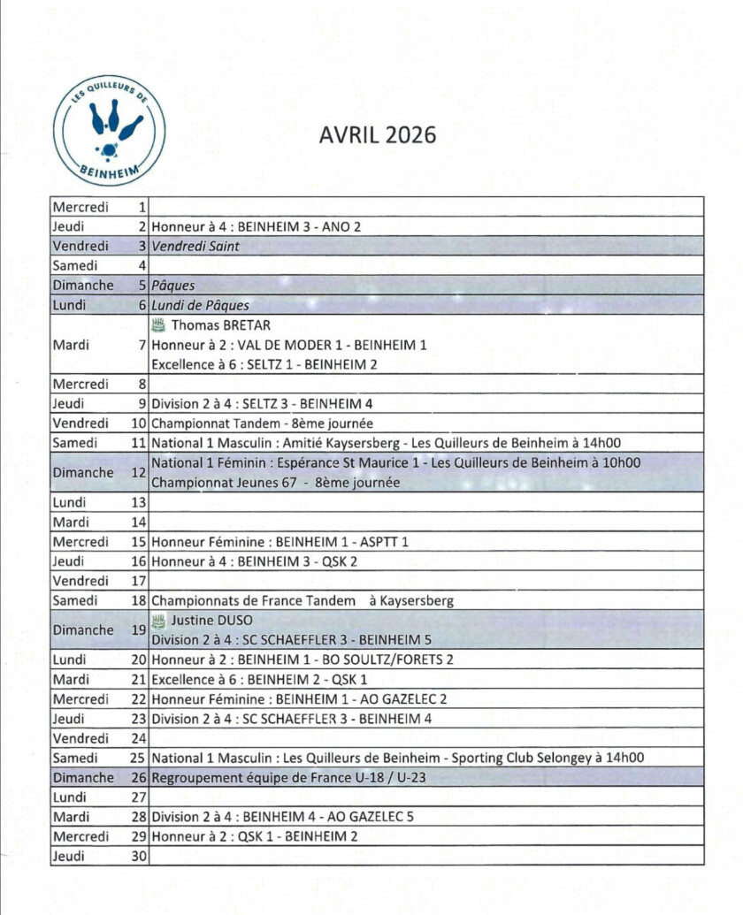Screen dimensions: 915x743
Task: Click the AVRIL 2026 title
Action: tap(378, 134)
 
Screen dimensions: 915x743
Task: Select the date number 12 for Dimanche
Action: tap(138, 472)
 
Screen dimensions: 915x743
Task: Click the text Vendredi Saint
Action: tap(195, 246)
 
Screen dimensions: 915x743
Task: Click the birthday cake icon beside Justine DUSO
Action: tap(158, 620)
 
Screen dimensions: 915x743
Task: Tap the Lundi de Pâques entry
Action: tap(200, 305)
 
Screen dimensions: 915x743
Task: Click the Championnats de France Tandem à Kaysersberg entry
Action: tap(303, 600)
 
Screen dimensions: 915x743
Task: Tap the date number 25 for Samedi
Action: tap(137, 758)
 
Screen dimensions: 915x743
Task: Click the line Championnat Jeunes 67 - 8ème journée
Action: tap(276, 483)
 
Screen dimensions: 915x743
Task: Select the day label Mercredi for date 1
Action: tap(80, 207)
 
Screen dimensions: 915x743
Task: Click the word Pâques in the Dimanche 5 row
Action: tap(173, 286)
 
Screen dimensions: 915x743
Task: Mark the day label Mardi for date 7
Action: tap(71, 345)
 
